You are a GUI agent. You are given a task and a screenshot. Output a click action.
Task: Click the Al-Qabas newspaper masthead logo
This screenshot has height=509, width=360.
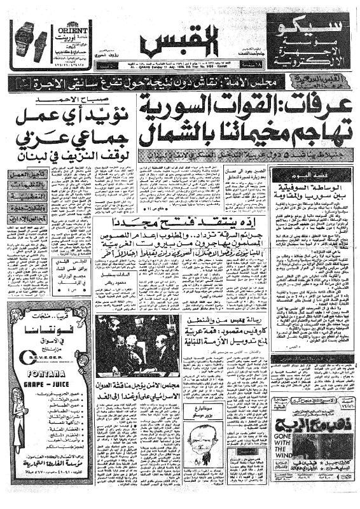(180, 43)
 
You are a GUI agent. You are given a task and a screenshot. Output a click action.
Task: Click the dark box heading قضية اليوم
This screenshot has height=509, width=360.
(303, 174)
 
